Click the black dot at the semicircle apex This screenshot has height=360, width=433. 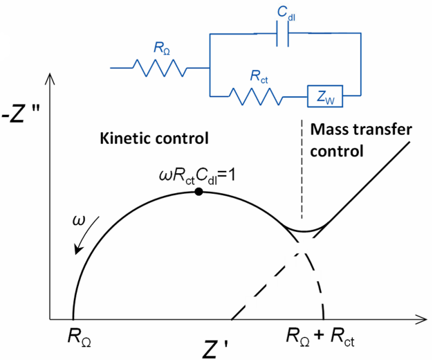(199, 191)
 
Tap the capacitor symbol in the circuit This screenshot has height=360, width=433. (282, 39)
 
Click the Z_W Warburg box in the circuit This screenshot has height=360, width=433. (326, 98)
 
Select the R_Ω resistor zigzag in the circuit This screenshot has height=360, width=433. (160, 68)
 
